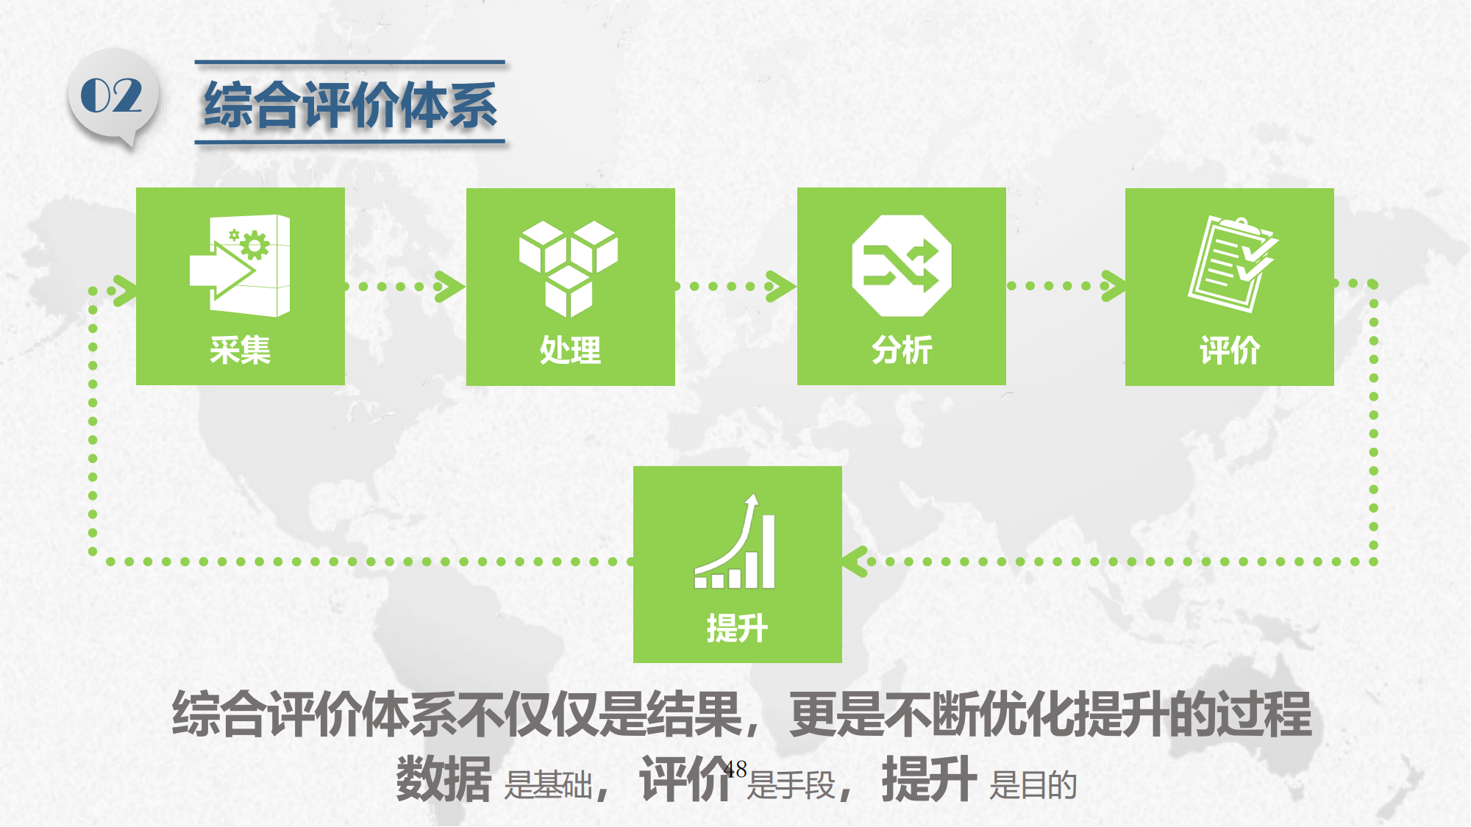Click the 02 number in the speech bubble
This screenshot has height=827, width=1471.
point(111,96)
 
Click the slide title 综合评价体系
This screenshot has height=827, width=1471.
point(350,105)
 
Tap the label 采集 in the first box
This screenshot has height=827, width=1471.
point(240,349)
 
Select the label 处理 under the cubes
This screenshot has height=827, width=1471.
point(570,350)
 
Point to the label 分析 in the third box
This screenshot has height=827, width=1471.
point(902,350)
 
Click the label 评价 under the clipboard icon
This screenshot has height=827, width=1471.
point(1230,350)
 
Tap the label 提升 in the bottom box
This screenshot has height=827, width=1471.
point(737,628)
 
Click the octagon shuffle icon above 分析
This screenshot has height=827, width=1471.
point(902,265)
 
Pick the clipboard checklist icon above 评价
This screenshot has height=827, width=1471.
point(1233,263)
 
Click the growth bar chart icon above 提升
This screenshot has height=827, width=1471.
point(735,541)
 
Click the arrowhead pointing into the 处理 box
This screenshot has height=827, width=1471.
point(449,287)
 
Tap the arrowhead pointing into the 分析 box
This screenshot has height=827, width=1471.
point(780,287)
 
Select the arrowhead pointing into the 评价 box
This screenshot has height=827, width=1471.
point(1113,287)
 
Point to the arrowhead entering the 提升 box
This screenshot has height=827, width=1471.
point(855,562)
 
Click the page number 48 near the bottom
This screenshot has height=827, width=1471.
point(735,769)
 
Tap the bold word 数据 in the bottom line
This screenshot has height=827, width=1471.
point(444,778)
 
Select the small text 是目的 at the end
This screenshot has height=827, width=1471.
point(1033,785)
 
